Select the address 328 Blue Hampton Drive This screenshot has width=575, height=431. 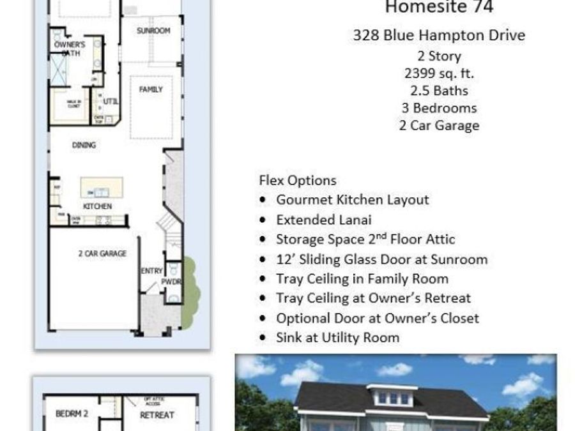[x=439, y=35]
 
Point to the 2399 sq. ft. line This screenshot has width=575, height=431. [x=439, y=73]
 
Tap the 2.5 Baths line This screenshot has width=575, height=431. [x=439, y=91]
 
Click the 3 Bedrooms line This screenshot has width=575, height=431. [x=439, y=108]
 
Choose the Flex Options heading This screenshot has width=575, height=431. [x=298, y=180]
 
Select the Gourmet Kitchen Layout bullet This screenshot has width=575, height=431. [x=352, y=200]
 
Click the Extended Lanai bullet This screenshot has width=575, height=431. [x=323, y=220]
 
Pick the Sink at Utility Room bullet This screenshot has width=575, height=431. [x=337, y=337]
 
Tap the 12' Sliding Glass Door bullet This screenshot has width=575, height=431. [x=381, y=259]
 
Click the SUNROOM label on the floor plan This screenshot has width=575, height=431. [x=153, y=31]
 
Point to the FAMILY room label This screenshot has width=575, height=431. [x=151, y=90]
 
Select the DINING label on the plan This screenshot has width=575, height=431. [x=84, y=146]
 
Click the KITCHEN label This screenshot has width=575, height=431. [x=98, y=206]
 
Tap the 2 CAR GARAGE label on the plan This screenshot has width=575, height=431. [x=102, y=253]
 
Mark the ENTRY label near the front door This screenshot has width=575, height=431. [x=151, y=271]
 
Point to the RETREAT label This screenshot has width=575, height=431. [x=157, y=415]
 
